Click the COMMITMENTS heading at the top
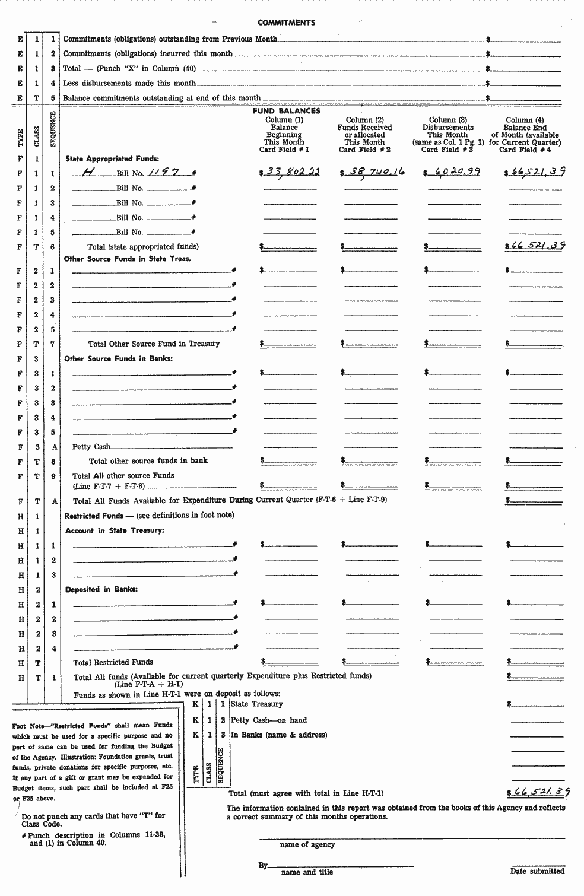tap(286, 23)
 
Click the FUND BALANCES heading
tap(286, 111)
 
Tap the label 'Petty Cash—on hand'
tap(268, 720)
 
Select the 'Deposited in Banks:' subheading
tap(101, 589)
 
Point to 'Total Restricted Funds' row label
tap(113, 662)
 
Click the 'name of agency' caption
tap(307, 844)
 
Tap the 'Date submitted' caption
tap(537, 871)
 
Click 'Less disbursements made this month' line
tap(129, 84)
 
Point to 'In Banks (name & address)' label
tap(278, 735)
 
